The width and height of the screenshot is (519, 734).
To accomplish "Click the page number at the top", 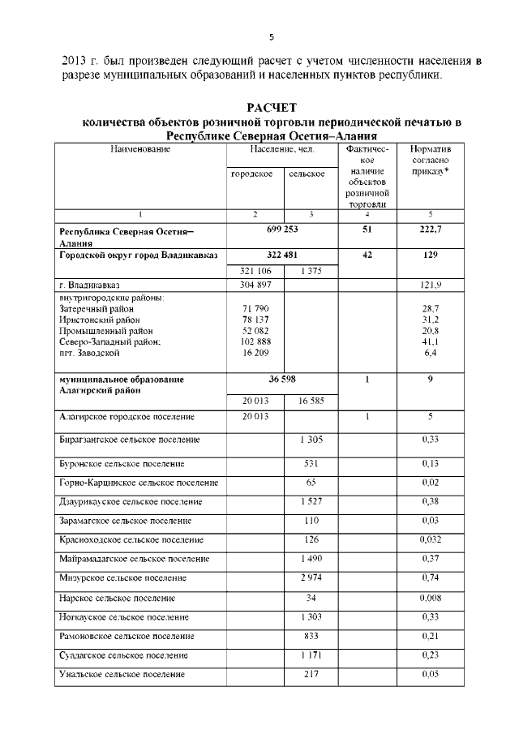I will (x=272, y=36).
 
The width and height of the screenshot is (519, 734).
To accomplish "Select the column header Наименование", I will (x=140, y=150).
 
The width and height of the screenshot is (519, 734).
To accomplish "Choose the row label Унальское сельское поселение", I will (x=122, y=674).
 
